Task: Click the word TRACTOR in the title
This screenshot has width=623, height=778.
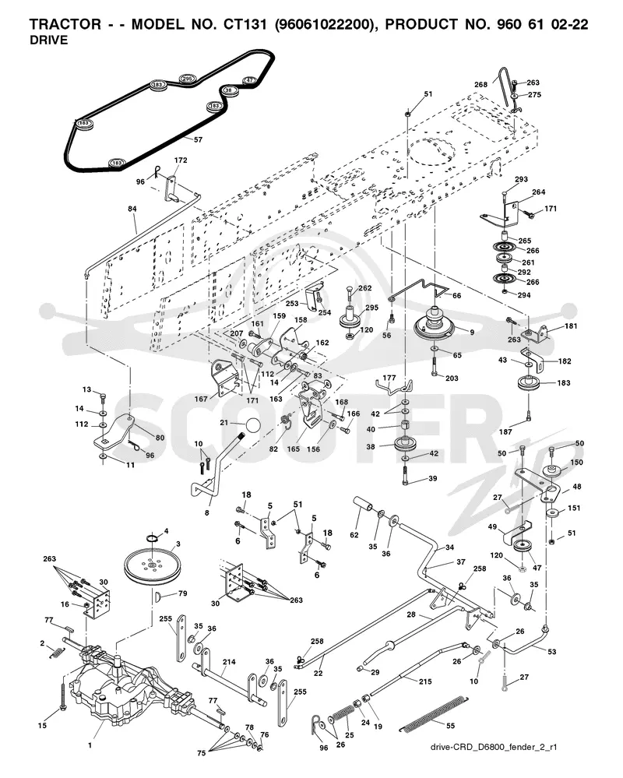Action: (x=65, y=24)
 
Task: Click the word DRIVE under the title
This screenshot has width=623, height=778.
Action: (x=48, y=40)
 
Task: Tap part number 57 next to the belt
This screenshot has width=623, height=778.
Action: (x=198, y=139)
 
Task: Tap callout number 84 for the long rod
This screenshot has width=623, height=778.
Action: (x=132, y=209)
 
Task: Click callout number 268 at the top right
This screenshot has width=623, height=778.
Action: (x=480, y=84)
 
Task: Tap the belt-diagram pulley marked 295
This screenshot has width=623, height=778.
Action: (x=187, y=79)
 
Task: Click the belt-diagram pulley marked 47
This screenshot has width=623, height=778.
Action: (x=249, y=80)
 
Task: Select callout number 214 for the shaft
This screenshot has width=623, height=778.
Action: (x=229, y=662)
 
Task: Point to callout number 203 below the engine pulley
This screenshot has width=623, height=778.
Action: (x=452, y=378)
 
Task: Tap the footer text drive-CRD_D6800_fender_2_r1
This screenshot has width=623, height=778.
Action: (x=494, y=747)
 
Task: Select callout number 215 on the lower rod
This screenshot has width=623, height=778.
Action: (x=425, y=681)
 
